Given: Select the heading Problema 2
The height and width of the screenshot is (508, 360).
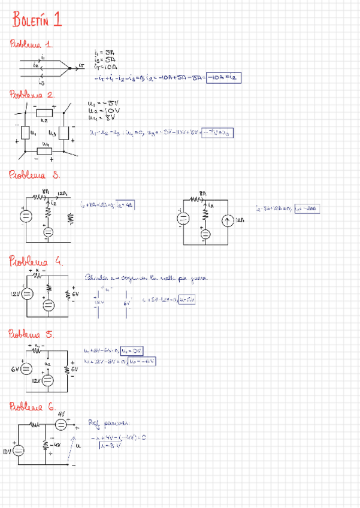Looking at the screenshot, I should pyautogui.click(x=32, y=94).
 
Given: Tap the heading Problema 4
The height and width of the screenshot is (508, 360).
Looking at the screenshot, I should pyautogui.click(x=35, y=261).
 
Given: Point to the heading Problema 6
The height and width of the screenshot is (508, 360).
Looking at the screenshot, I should pyautogui.click(x=34, y=407).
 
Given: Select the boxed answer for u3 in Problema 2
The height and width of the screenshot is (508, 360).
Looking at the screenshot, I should pyautogui.click(x=217, y=133).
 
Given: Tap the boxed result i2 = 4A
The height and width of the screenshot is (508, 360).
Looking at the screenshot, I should pyautogui.click(x=125, y=204).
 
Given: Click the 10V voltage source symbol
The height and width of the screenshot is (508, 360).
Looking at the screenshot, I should pyautogui.click(x=20, y=450).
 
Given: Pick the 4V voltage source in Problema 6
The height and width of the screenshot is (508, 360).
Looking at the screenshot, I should pyautogui.click(x=61, y=424).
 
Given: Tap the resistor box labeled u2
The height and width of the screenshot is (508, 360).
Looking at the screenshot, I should pyautogui.click(x=45, y=113).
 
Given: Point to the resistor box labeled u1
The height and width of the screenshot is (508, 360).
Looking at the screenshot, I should pyautogui.click(x=27, y=132).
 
